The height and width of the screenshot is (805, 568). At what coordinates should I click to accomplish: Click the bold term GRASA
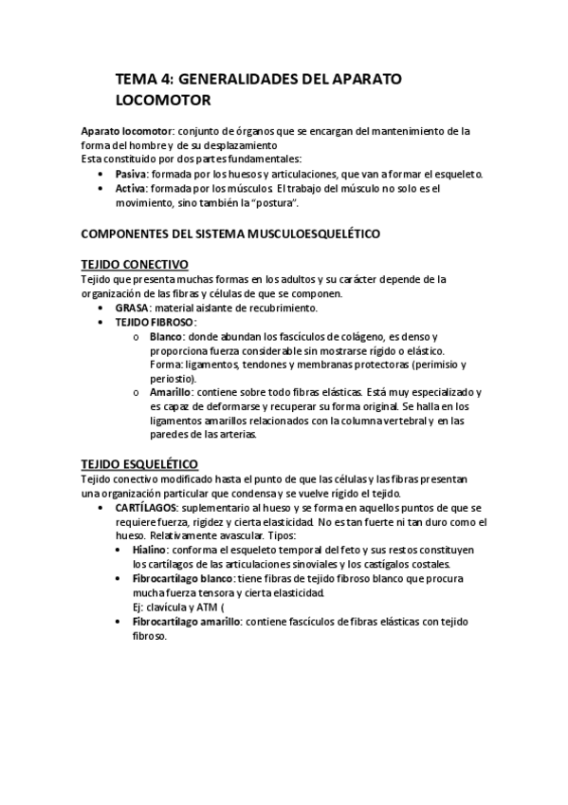coord(132,308)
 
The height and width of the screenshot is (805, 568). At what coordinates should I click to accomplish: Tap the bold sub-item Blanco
coord(166,337)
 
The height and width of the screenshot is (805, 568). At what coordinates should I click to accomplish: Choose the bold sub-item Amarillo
coord(171,392)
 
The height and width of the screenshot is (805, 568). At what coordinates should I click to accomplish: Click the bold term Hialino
coord(151,550)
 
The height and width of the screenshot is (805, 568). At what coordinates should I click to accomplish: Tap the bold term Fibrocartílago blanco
coord(183,579)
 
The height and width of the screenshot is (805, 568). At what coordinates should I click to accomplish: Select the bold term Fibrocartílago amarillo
coord(187,621)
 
